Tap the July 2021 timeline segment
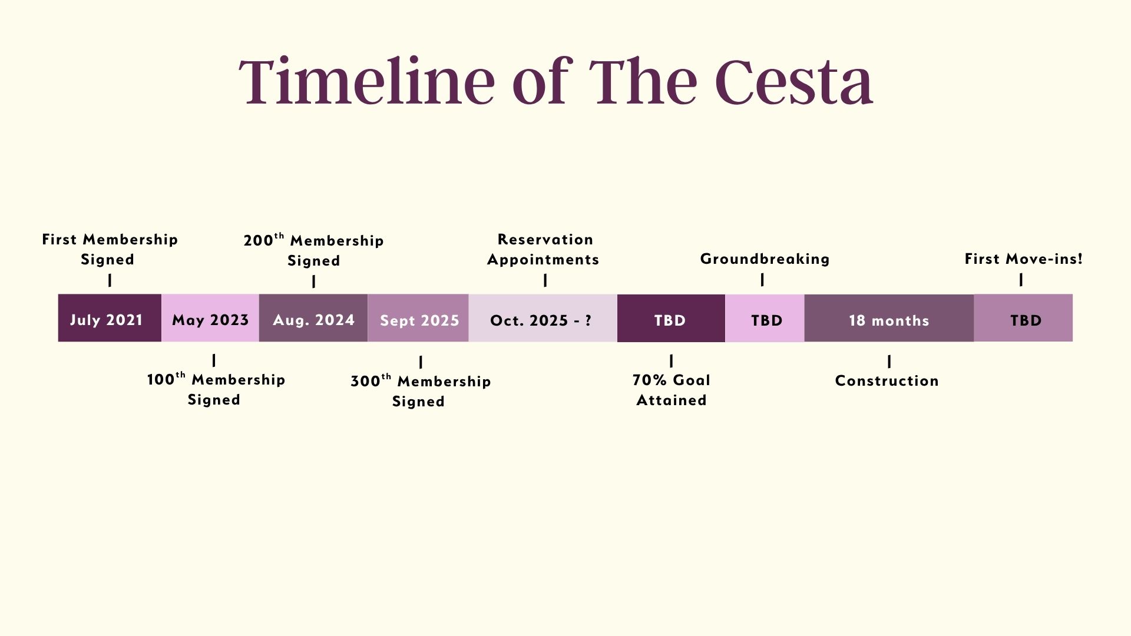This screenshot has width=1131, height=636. click(110, 318)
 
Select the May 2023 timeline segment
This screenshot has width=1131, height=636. click(210, 318)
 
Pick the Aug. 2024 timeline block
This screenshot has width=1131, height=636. click(313, 318)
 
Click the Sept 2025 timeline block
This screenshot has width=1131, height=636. click(418, 318)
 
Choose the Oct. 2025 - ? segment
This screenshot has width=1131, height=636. click(543, 318)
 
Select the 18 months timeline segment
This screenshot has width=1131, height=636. click(889, 318)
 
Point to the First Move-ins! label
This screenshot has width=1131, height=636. click(1023, 259)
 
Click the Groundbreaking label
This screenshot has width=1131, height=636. click(765, 259)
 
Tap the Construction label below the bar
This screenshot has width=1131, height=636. click(887, 381)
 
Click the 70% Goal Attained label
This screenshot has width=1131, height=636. click(672, 390)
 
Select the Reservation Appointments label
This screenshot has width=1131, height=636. click(544, 249)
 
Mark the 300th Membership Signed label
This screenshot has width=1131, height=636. click(420, 391)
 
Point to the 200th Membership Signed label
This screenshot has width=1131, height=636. click(313, 250)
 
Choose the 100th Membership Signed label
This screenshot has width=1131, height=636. click(216, 389)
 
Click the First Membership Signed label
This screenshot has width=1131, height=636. click(110, 249)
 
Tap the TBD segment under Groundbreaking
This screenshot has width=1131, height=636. click(765, 318)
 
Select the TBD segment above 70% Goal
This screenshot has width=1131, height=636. click(671, 318)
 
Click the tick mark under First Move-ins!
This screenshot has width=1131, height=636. click(1021, 280)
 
